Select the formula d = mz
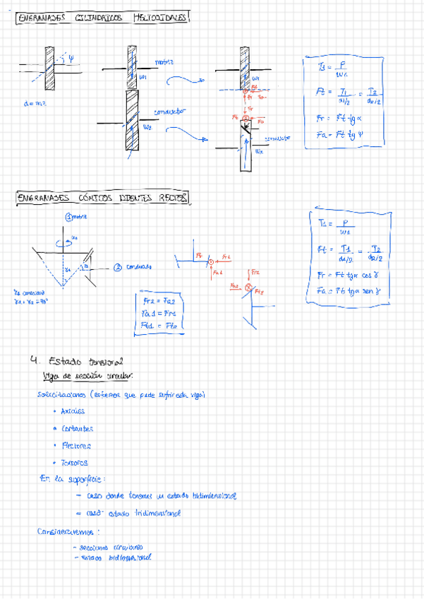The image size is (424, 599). point(34,104)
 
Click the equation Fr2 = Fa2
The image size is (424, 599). point(162,300)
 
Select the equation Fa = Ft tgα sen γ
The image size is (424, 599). point(349,290)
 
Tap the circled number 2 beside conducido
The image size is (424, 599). point(119,267)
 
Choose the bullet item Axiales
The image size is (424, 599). point(73,410)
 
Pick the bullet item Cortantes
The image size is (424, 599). point(77,428)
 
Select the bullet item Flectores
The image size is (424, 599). point(76,446)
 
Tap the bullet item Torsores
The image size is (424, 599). point(75,463)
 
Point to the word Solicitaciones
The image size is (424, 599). point(65,393)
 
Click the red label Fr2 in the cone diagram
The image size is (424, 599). point(255,271)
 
